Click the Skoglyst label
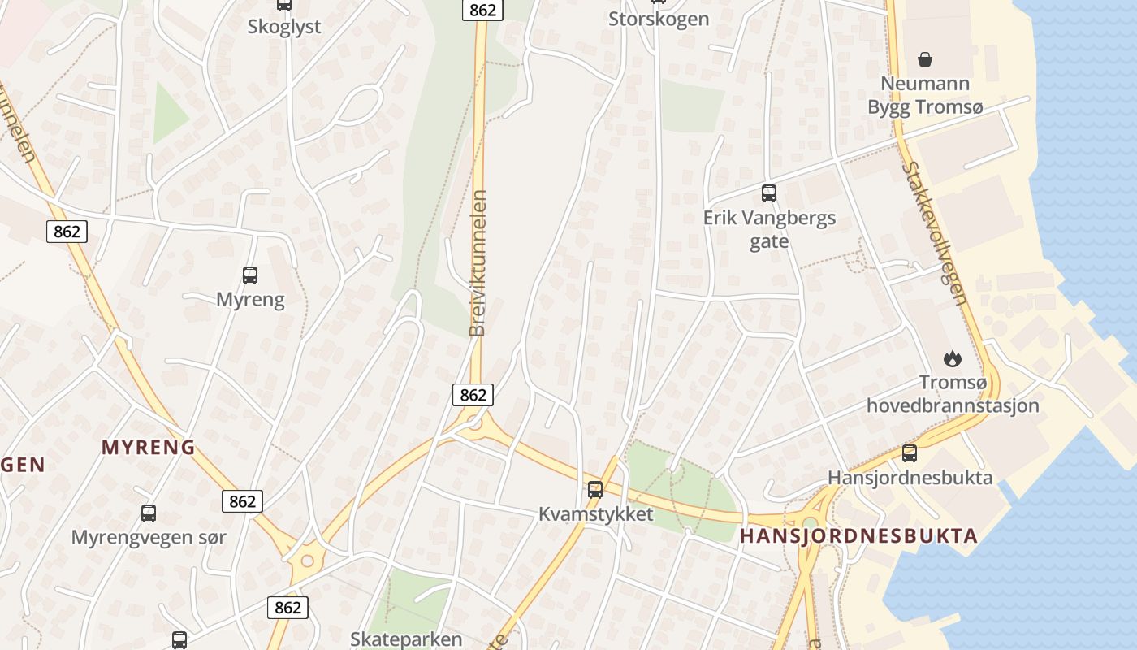coord(284,26)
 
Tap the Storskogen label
coord(659,19)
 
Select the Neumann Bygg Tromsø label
coord(924,95)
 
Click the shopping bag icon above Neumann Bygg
coord(924,58)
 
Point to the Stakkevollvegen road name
coord(936,233)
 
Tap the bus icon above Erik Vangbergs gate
coord(769,193)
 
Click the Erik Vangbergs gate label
coord(769,230)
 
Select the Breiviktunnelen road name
coord(478,263)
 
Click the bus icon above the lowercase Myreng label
coord(250,275)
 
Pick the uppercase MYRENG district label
coord(149,447)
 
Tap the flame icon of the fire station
coord(952,357)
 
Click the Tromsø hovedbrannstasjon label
coord(953,394)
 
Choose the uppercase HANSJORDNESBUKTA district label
coord(858,536)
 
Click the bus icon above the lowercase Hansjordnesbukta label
coord(910,453)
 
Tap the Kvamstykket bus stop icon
coord(595,490)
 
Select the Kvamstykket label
coord(596,514)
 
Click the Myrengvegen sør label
coord(149,537)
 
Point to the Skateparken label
coord(406,639)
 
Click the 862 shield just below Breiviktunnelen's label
coord(473,395)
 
